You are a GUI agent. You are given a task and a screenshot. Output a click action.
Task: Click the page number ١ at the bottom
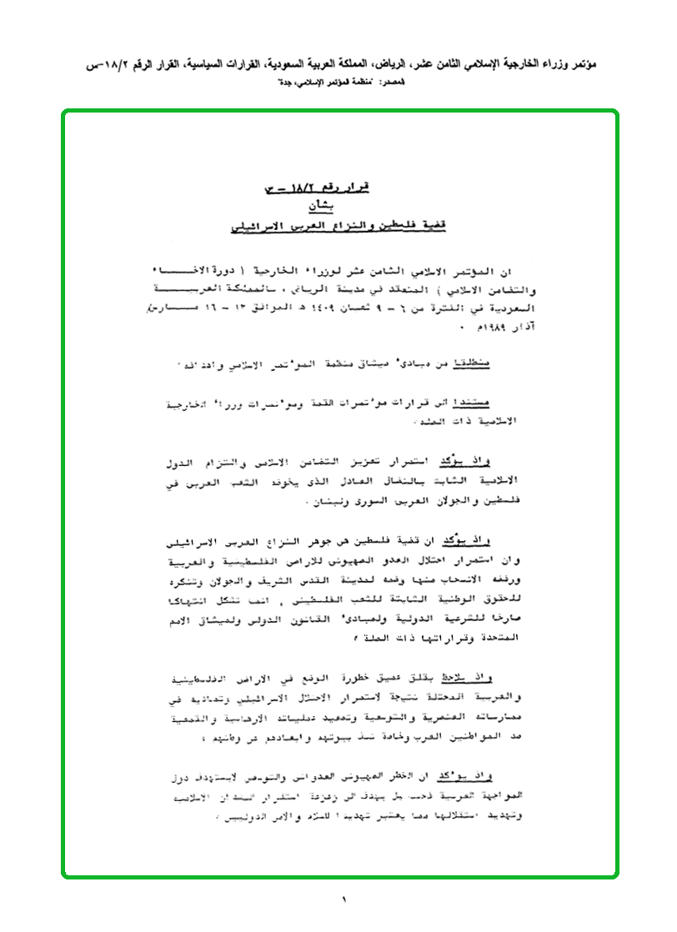click(343, 899)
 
